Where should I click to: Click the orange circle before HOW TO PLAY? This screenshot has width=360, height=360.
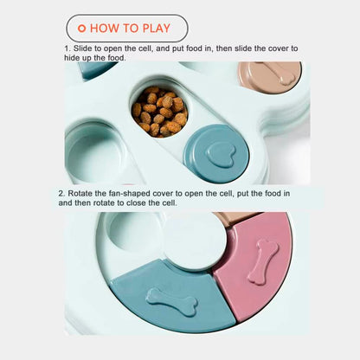click(x=82, y=29)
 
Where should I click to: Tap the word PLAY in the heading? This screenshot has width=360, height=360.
click(x=157, y=29)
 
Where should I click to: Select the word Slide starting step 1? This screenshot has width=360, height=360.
click(x=81, y=48)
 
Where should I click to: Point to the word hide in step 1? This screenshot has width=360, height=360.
click(x=72, y=58)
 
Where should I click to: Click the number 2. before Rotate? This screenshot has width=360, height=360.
click(x=61, y=193)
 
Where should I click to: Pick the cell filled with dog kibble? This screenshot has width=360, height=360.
click(x=160, y=112)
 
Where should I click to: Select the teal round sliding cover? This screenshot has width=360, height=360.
click(x=216, y=154)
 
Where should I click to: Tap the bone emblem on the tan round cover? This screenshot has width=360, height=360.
click(x=277, y=73)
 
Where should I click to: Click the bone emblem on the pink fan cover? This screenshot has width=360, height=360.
click(x=264, y=260)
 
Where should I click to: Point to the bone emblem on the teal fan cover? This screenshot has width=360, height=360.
click(x=172, y=302)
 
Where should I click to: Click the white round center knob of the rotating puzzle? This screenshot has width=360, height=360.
click(x=195, y=241)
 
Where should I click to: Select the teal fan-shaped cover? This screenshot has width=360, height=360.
click(x=173, y=297)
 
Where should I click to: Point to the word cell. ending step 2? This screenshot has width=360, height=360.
click(x=170, y=202)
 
